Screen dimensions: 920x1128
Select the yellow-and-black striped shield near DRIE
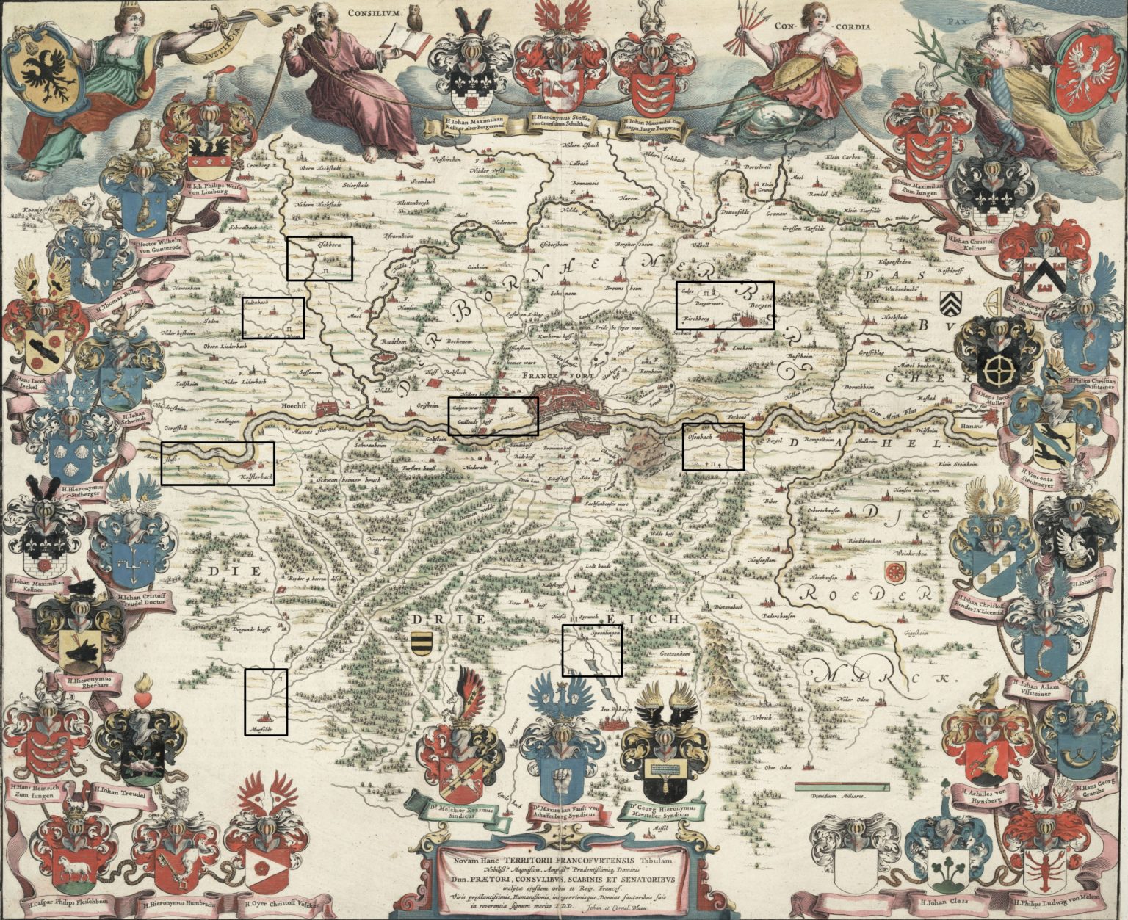point(420,641)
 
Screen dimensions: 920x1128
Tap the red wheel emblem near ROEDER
point(894,571)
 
